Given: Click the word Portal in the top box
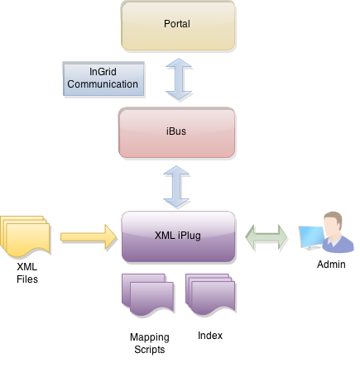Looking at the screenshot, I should [178, 24].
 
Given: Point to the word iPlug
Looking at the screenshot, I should [190, 235].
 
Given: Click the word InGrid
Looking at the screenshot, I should [102, 73].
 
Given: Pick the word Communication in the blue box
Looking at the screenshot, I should [102, 84].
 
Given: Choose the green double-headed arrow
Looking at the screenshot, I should [267, 238].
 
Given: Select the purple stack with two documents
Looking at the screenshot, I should [149, 295].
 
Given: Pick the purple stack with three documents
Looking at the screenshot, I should [210, 295].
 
